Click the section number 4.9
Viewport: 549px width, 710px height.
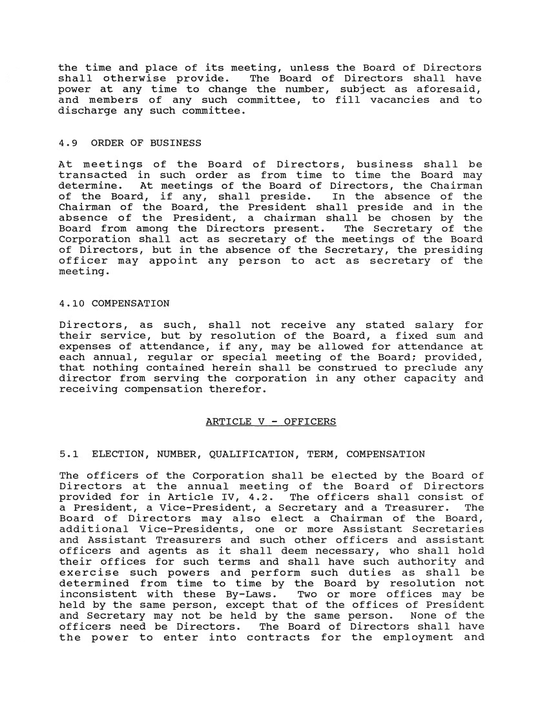(x=68, y=143)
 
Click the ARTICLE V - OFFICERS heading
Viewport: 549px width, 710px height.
(x=271, y=422)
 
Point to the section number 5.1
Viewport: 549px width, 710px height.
(x=68, y=455)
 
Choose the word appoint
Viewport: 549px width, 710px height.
(x=173, y=261)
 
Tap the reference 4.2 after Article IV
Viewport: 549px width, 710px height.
(x=267, y=497)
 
